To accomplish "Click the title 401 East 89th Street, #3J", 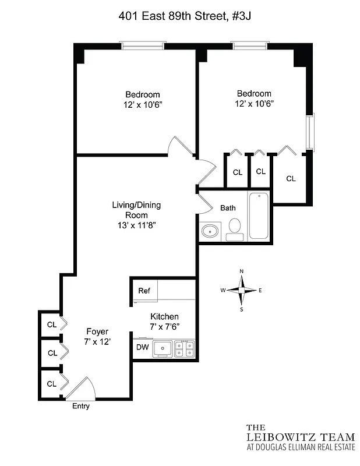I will tap(179, 17).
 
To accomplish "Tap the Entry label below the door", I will tap(80, 406).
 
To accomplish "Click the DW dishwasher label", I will tap(142, 348).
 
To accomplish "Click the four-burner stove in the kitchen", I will tap(185, 349).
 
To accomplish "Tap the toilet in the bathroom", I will tap(235, 229).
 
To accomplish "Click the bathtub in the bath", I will tap(259, 215).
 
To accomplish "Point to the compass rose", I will tap(242, 290).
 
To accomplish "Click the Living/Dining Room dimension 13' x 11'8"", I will tap(136, 226).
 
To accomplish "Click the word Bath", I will tap(228, 208).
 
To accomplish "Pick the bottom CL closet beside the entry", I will tap(51, 384).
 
